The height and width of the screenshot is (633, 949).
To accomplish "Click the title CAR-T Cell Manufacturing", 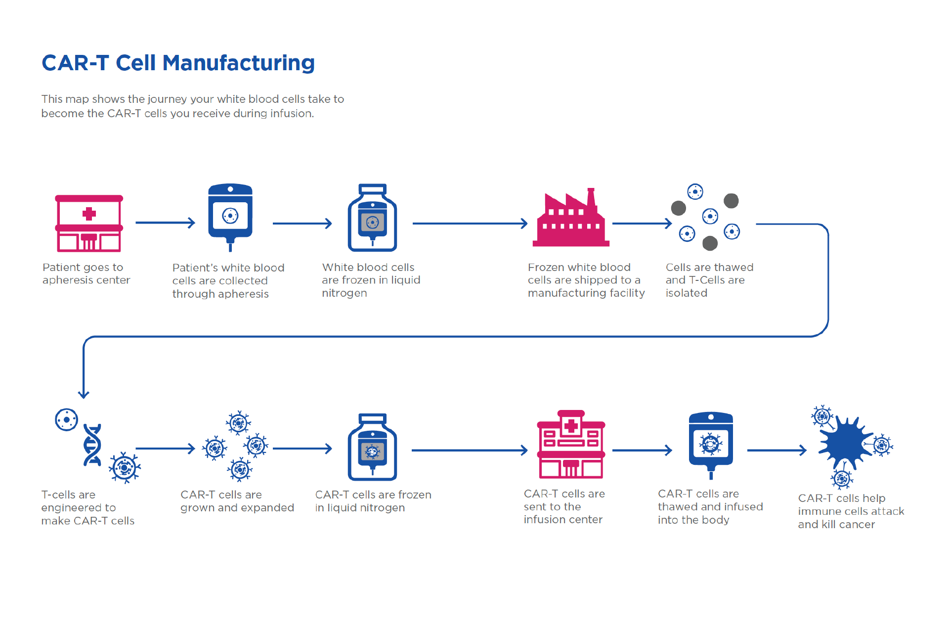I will coord(178,63).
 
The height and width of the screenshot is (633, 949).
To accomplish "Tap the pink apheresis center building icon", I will coord(89,224).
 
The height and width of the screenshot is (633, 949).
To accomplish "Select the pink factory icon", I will coord(571,220).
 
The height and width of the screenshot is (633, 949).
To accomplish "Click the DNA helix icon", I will coord(92,445).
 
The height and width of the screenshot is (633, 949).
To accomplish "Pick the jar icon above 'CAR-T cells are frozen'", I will coord(372,447).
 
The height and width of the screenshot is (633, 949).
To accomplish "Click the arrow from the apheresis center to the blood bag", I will coord(165,223).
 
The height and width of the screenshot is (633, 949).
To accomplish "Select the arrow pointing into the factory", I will coord(470,224).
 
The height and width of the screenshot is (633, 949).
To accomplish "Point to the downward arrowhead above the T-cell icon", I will coord(84,394).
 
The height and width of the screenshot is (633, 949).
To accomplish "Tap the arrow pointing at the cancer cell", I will coord(776,450).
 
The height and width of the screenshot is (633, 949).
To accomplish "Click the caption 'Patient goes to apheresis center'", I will coord(86,273).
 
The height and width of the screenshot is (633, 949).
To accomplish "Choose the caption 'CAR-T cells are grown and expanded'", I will coord(237,501).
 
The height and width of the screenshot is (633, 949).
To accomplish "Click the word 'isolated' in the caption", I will coord(686,293).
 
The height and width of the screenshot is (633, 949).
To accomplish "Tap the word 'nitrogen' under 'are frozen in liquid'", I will coord(344,293).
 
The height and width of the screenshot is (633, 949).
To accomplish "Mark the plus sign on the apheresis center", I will coord(89,214).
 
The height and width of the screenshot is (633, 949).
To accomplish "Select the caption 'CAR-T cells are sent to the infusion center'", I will coord(564,506).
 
